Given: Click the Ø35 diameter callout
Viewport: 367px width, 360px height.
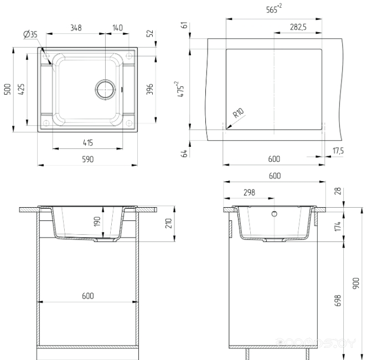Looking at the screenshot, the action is pyautogui.click(x=30, y=34).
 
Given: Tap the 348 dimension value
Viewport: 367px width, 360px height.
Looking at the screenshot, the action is pyautogui.click(x=76, y=28).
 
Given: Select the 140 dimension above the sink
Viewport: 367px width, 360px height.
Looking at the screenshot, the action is pyautogui.click(x=117, y=28).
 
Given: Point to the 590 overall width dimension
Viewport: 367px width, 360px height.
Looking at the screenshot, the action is pyautogui.click(x=88, y=160).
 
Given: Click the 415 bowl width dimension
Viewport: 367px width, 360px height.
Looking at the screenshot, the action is pyautogui.click(x=88, y=143).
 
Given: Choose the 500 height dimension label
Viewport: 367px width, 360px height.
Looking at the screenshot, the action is pyautogui.click(x=8, y=89).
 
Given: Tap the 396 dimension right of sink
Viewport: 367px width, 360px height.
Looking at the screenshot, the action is pyautogui.click(x=149, y=89).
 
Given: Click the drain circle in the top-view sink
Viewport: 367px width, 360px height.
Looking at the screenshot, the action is pyautogui.click(x=106, y=89).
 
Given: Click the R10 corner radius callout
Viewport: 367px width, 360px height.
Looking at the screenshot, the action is pyautogui.click(x=238, y=113).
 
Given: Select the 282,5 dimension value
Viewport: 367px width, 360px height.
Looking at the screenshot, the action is pyautogui.click(x=298, y=27).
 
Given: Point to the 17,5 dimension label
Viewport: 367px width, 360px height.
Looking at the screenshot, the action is pyautogui.click(x=338, y=151).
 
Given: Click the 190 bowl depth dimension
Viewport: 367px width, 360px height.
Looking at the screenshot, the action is pyautogui.click(x=97, y=222).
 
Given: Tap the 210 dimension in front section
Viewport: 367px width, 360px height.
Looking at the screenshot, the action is pyautogui.click(x=168, y=223).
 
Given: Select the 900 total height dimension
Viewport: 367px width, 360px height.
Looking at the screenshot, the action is pyautogui.click(x=356, y=283).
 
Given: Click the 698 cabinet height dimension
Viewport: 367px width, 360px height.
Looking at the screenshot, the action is pyautogui.click(x=338, y=301).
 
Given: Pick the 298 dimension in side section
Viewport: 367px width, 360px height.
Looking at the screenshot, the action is pyautogui.click(x=249, y=193).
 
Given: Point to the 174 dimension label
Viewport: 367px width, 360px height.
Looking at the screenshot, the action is pyautogui.click(x=338, y=227).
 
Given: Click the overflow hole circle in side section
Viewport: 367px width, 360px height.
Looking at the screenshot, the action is pyautogui.click(x=275, y=214).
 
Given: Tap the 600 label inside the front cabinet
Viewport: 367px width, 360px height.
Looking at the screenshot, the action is pyautogui.click(x=88, y=296).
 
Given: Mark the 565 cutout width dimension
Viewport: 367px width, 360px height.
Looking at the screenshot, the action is pyautogui.click(x=274, y=9).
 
